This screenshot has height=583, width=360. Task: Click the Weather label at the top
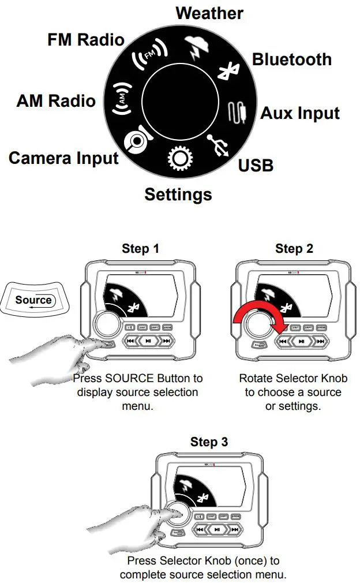tap(209, 13)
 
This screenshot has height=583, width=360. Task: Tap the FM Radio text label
tap(86, 40)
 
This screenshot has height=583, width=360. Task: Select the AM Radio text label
tap(56, 101)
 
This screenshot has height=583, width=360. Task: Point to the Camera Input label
tap(63, 158)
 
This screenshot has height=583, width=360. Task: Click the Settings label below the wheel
tap(178, 195)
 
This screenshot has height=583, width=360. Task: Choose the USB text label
tap(256, 166)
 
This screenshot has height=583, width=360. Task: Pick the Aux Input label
tap(300, 113)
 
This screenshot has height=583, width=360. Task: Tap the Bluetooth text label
tap(292, 59)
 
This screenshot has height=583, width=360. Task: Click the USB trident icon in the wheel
tap(219, 144)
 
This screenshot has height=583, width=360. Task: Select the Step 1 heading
tap(140, 249)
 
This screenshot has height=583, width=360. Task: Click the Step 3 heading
tap(209, 442)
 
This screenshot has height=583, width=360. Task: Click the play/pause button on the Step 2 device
tap(299, 341)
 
